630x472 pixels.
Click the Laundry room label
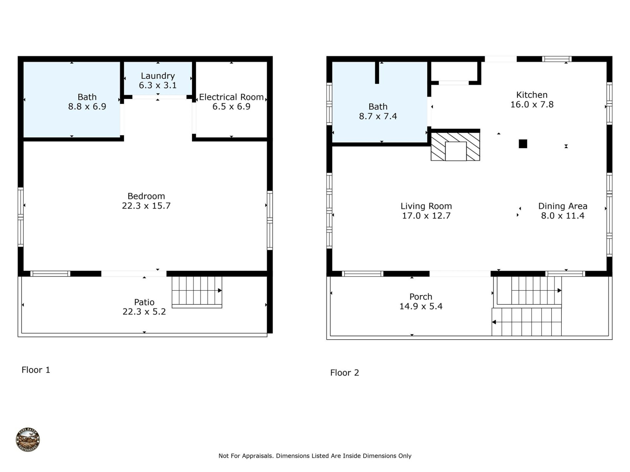click(157, 76)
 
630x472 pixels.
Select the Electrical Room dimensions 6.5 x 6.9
click(231, 107)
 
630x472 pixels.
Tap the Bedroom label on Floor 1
click(146, 196)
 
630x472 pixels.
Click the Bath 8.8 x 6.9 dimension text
click(87, 107)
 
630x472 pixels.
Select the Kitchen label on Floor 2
click(532, 95)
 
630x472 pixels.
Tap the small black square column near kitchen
click(523, 144)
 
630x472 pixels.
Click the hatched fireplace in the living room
click(455, 147)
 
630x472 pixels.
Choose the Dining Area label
click(562, 206)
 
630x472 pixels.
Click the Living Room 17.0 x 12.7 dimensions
click(426, 216)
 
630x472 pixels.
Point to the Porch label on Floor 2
click(421, 297)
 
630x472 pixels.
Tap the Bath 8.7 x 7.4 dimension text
click(378, 116)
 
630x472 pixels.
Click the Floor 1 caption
click(36, 370)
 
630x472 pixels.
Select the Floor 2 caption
click(345, 373)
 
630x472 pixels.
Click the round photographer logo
click(28, 440)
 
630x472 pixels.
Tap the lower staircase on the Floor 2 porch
click(526, 322)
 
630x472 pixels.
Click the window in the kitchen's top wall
click(556, 59)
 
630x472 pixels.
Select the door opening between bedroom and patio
click(134, 274)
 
